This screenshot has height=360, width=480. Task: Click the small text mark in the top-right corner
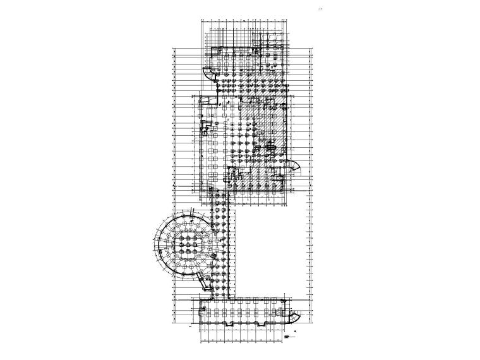pyautogui.click(x=339, y=10)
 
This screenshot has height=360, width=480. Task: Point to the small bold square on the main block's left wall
pyautogui.click(x=205, y=132)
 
